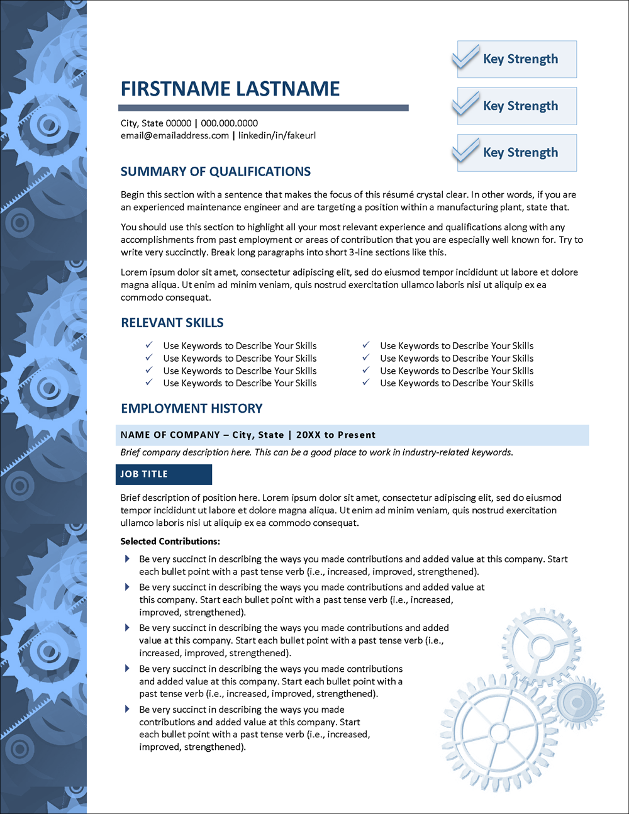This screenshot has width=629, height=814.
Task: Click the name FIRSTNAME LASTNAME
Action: tap(230, 89)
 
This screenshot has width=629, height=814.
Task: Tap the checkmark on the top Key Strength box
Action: tap(466, 57)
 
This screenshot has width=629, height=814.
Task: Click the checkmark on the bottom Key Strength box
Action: tap(466, 150)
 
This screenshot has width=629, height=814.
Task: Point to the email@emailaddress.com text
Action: tap(175, 135)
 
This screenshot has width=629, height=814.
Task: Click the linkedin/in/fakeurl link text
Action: tap(277, 135)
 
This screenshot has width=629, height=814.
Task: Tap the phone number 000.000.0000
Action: tap(229, 123)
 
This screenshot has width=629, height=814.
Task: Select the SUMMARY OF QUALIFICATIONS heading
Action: tap(216, 172)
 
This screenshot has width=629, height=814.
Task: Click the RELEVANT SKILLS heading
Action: tap(172, 323)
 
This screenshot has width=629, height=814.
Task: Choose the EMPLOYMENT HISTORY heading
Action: tap(192, 408)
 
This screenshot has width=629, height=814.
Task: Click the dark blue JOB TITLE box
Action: tap(164, 474)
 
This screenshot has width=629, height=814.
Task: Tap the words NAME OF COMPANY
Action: tap(170, 435)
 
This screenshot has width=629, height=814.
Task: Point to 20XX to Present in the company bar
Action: tap(336, 435)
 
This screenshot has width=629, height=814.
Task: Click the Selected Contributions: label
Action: tap(170, 541)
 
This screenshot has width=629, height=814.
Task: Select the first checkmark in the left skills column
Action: tap(149, 345)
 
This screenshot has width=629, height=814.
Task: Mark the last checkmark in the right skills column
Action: tap(366, 382)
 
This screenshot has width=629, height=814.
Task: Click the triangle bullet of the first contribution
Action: tap(127, 559)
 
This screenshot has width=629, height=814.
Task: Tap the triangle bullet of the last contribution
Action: tap(127, 709)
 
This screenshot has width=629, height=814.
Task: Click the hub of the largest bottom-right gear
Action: tap(499, 733)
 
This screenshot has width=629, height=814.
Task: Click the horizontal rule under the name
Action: tap(264, 108)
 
